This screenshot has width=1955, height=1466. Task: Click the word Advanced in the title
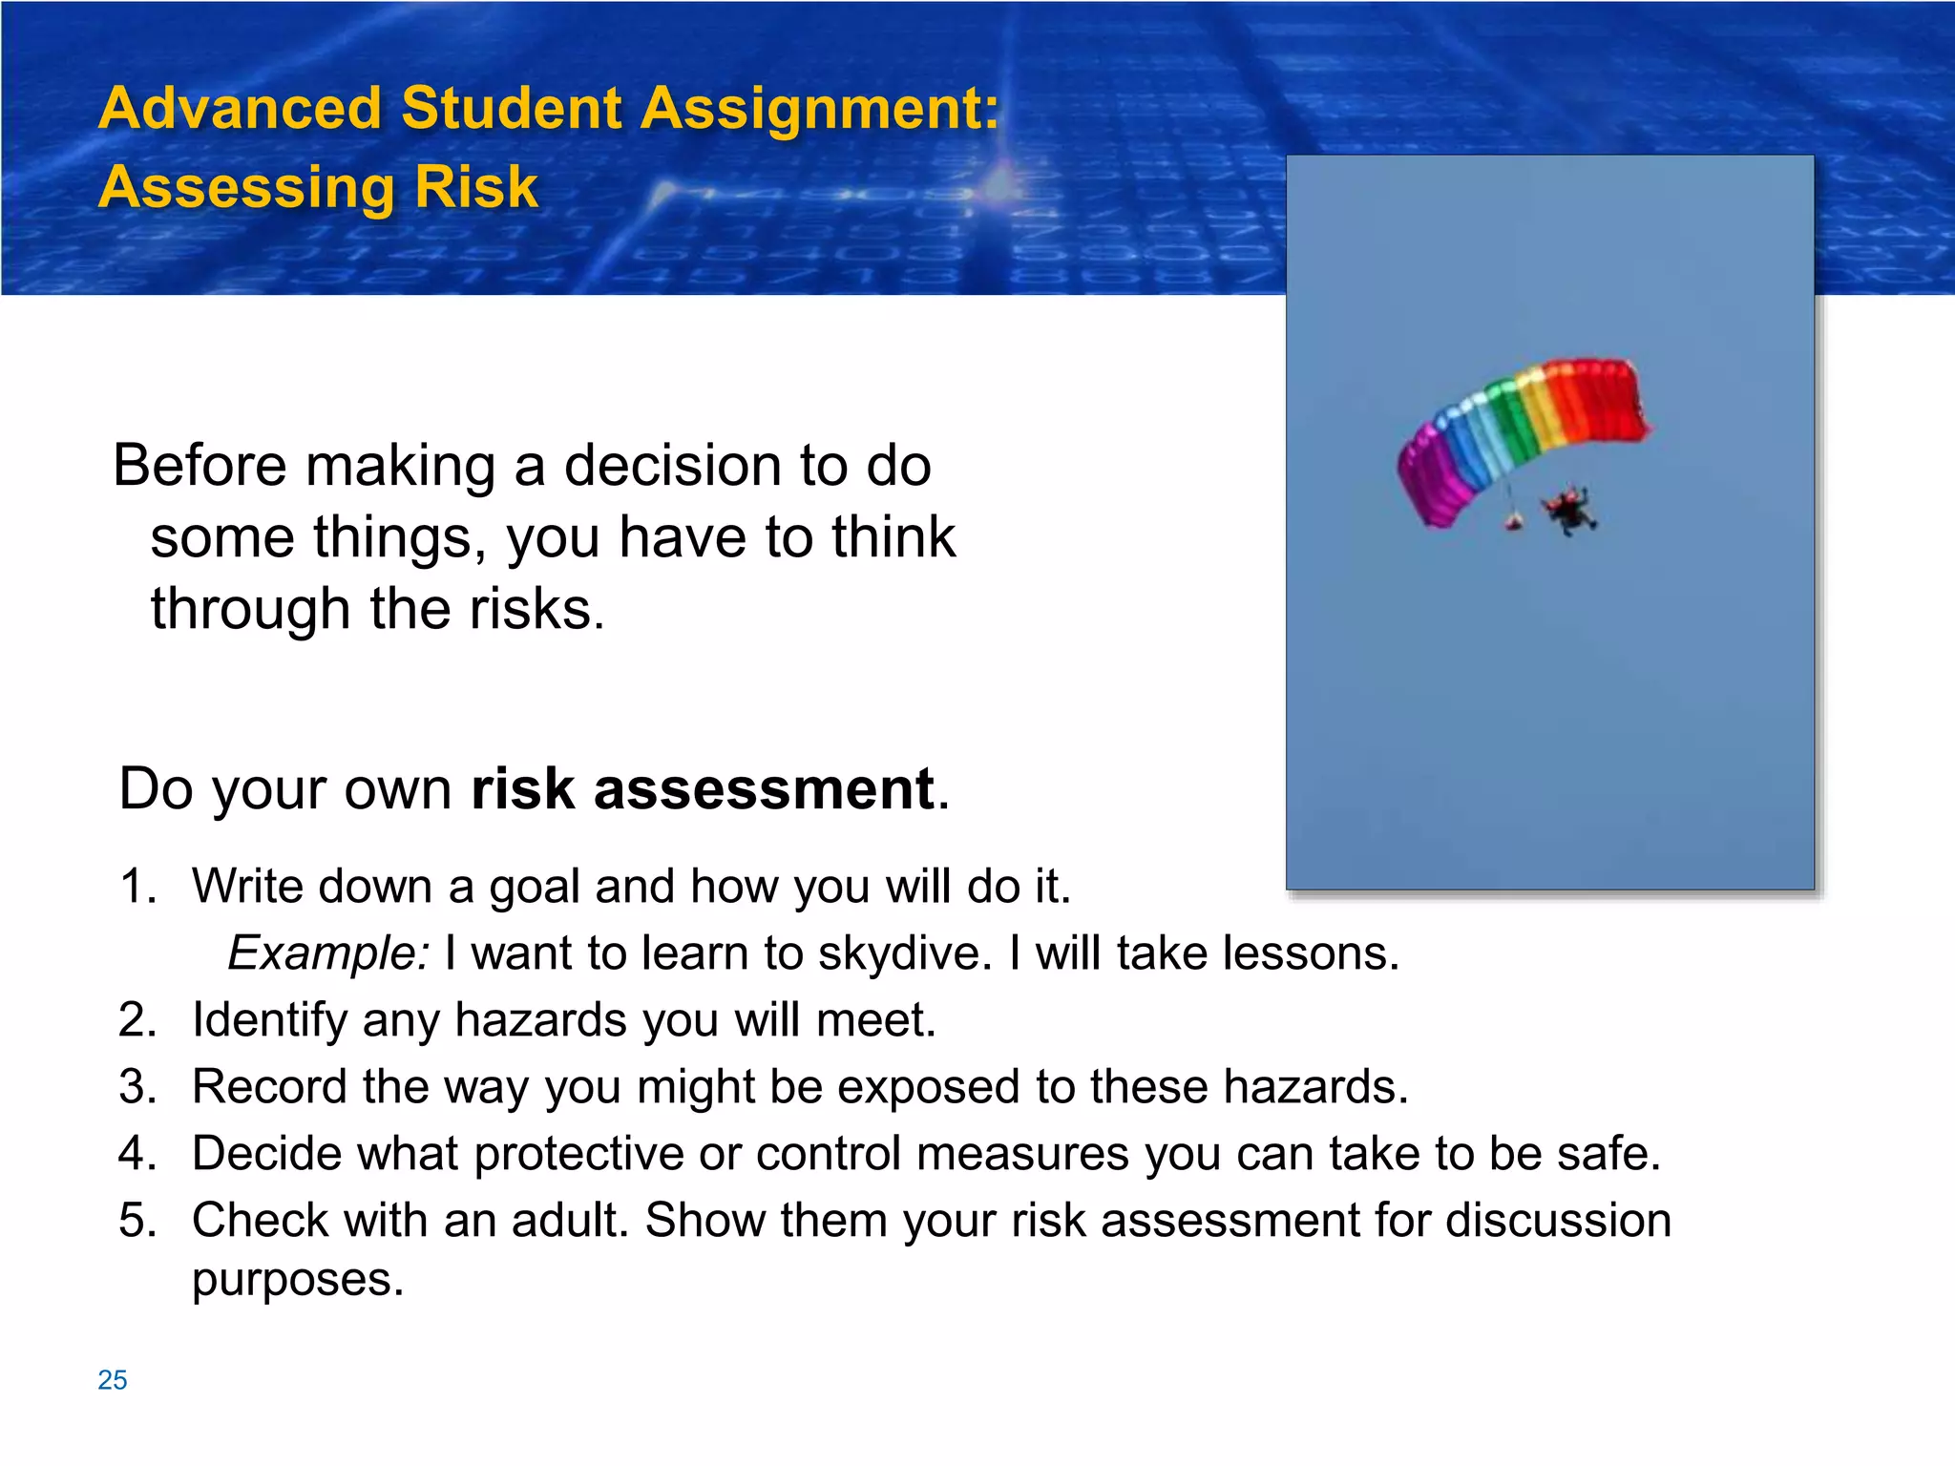click(240, 108)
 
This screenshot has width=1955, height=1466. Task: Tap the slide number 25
click(112, 1380)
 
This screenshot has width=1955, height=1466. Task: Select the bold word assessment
click(764, 789)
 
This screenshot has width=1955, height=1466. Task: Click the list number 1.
click(137, 887)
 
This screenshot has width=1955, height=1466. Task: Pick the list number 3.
click(137, 1087)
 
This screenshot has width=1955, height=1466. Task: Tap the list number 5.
click(137, 1221)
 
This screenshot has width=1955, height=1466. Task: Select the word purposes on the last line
click(297, 1281)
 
